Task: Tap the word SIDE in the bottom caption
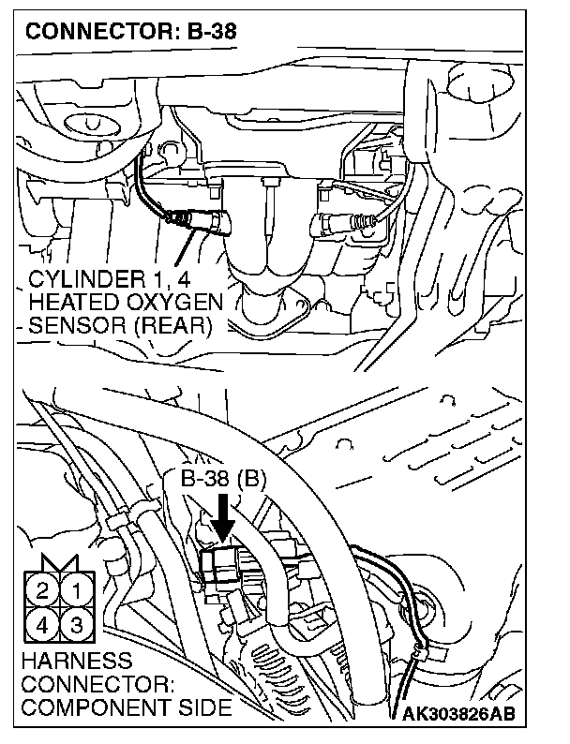click(204, 707)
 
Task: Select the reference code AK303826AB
click(460, 715)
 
